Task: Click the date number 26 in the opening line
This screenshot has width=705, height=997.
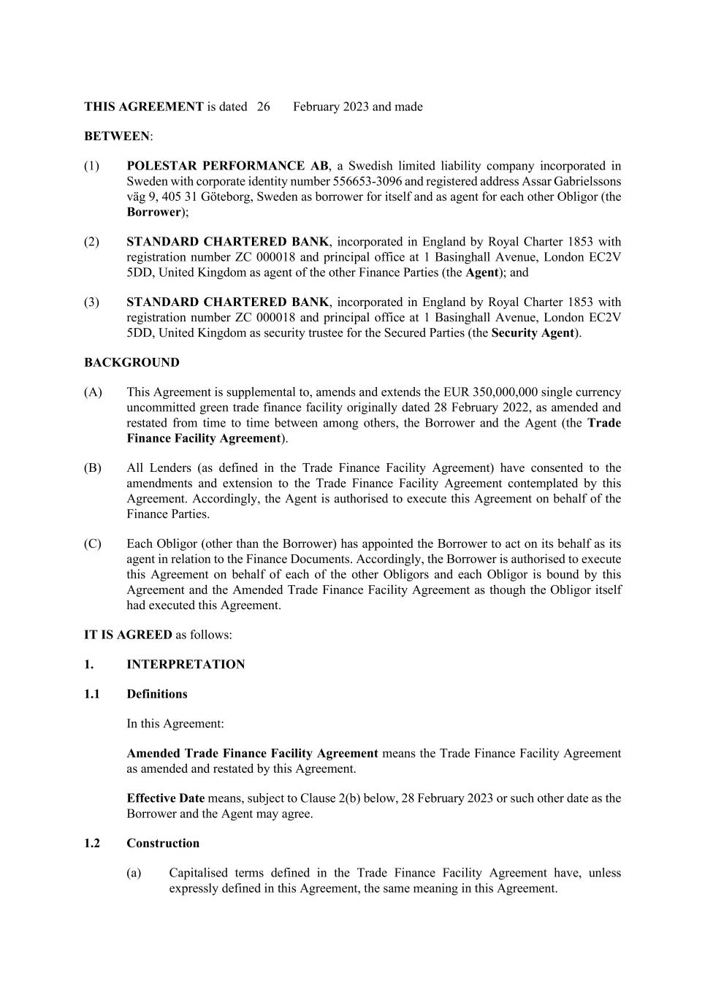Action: click(264, 107)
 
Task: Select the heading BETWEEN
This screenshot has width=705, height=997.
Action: click(117, 137)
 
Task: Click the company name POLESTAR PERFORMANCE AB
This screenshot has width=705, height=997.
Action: click(227, 166)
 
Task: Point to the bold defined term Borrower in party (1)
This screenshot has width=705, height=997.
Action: click(153, 212)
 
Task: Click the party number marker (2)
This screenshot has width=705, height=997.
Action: click(91, 242)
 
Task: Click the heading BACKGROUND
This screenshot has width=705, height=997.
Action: click(132, 362)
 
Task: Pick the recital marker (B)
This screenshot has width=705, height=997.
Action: click(93, 468)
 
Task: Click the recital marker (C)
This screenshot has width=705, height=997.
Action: click(93, 544)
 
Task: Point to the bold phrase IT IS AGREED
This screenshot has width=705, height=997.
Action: click(128, 635)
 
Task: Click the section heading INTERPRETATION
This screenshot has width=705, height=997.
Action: click(186, 665)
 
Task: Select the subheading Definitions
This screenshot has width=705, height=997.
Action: click(156, 694)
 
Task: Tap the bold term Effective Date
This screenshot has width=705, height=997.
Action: click(165, 798)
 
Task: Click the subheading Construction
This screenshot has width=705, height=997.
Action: click(162, 843)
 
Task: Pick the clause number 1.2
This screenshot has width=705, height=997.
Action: click(91, 843)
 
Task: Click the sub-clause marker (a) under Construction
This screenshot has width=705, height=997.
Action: click(134, 873)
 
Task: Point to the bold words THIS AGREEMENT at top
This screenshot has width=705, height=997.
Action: click(143, 107)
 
